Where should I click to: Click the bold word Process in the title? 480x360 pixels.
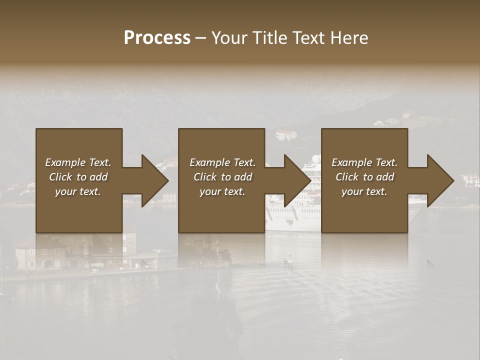click(x=157, y=38)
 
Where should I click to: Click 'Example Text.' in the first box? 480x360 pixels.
click(x=78, y=162)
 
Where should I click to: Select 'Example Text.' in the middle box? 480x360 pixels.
click(x=222, y=162)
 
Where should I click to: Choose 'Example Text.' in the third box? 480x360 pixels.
click(x=364, y=162)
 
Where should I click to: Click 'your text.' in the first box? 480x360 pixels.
click(x=78, y=191)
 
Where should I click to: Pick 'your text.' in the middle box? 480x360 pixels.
click(x=222, y=191)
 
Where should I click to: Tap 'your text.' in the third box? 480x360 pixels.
click(x=364, y=191)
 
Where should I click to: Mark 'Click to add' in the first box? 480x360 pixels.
click(x=78, y=177)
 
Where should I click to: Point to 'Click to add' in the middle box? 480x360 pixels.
click(x=222, y=177)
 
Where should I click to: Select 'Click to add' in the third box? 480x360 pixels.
click(x=364, y=177)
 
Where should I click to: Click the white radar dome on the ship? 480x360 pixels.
click(x=316, y=159)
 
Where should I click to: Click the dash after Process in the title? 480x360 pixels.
click(x=200, y=38)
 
